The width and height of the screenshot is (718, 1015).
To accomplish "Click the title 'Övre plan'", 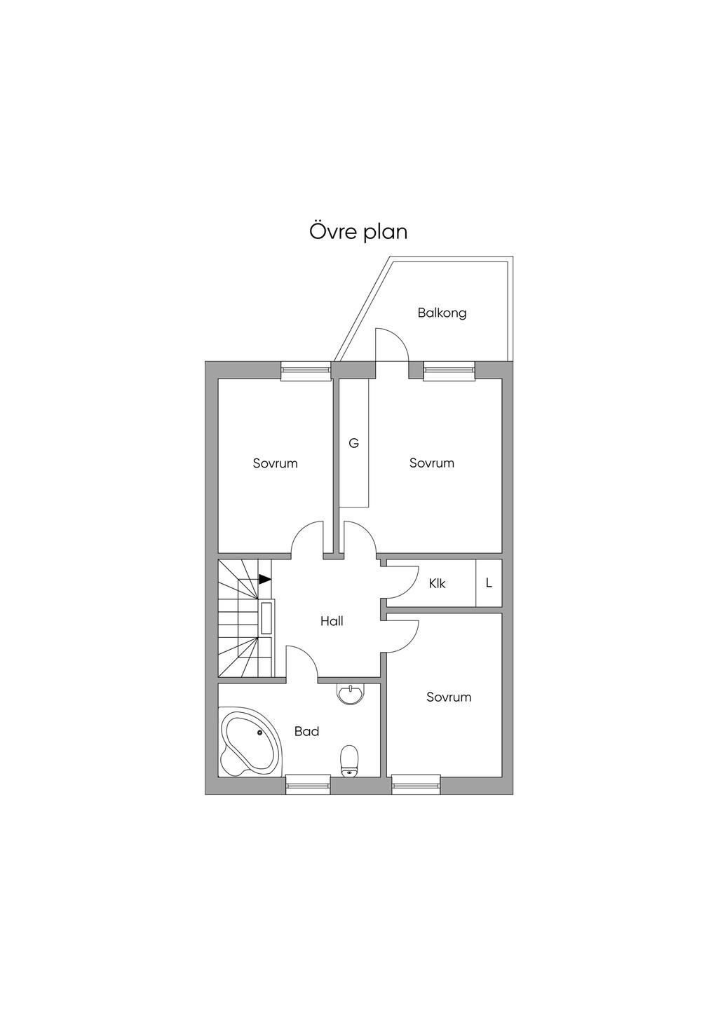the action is tap(358, 231).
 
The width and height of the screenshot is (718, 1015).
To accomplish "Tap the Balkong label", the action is tap(442, 313).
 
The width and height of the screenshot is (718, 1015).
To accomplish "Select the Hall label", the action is tap(332, 621).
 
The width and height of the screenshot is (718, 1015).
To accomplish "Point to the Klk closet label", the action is tap(437, 584).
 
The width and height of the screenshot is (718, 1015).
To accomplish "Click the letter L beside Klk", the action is tap(489, 583).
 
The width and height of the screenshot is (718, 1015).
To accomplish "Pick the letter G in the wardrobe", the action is tap(353, 443).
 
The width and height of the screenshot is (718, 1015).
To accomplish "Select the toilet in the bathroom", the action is tap(349, 761).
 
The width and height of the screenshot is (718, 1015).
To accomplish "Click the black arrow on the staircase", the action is tap(265, 578).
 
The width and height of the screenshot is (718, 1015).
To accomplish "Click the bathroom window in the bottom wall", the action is tap(307, 784).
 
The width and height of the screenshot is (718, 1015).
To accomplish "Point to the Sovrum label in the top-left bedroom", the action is tap(275, 463).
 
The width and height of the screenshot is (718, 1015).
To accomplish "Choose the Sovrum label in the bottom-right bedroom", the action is tap(449, 697).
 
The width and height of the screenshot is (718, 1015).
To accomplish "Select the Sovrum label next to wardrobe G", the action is tap(431, 463).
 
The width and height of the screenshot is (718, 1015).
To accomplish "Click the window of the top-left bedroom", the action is tap(306, 371).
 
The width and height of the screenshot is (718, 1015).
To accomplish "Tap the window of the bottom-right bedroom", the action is tap(416, 784).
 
